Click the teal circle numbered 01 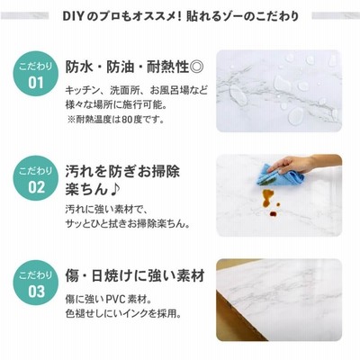coord(36,74)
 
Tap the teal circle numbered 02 coord(36,178)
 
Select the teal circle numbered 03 coord(36,283)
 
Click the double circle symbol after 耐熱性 coord(197,67)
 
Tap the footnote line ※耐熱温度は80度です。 coord(116,120)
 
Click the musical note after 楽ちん coord(114,190)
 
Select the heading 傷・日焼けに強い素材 coord(135,276)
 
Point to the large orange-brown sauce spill coord(267,198)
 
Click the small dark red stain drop coord(273,213)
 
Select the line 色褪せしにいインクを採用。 coord(123,313)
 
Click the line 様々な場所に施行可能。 coord(116,104)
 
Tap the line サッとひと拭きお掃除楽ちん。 coord(128,224)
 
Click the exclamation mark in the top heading coord(179,16)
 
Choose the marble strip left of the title coord(24,15)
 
